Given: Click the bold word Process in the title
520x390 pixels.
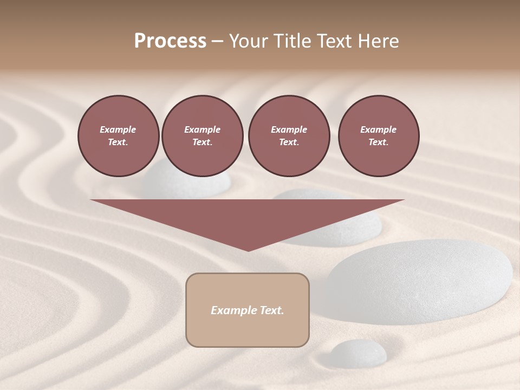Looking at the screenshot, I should [170, 41].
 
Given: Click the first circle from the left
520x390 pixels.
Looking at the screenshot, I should [118, 136].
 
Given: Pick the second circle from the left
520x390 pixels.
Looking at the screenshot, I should [202, 136].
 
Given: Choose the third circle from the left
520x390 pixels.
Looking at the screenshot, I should [289, 136].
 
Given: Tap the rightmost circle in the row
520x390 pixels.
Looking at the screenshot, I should [379, 136].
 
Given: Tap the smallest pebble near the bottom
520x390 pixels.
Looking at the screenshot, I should [358, 353].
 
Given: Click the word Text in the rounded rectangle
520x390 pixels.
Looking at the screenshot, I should [271, 310].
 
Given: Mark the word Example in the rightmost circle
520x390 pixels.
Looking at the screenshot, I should [378, 129].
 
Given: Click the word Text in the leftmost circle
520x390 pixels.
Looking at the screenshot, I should [118, 142].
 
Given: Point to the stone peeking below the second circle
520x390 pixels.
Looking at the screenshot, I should [187, 185].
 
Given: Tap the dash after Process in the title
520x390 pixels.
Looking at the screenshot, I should [218, 41].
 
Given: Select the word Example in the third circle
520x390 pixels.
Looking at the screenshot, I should [289, 129].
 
